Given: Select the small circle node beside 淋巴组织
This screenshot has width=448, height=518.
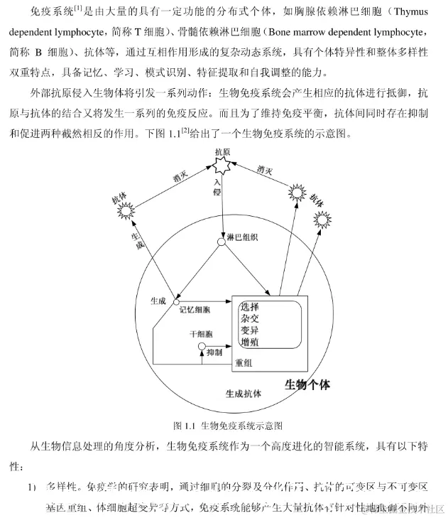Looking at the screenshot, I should [222, 242].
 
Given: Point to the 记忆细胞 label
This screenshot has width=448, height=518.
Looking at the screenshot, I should [195, 310].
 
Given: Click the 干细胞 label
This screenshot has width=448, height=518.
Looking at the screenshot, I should [200, 333].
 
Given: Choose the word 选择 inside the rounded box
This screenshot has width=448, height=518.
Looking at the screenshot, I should [250, 308].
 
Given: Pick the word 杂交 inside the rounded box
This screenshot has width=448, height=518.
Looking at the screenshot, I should [250, 320].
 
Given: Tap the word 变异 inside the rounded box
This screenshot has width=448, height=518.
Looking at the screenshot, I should [250, 332].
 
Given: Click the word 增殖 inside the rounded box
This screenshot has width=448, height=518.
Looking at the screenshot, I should [250, 344].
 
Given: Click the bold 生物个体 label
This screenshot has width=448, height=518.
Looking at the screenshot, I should [307, 384].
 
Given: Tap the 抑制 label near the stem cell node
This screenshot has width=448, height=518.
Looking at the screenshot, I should [217, 352].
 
